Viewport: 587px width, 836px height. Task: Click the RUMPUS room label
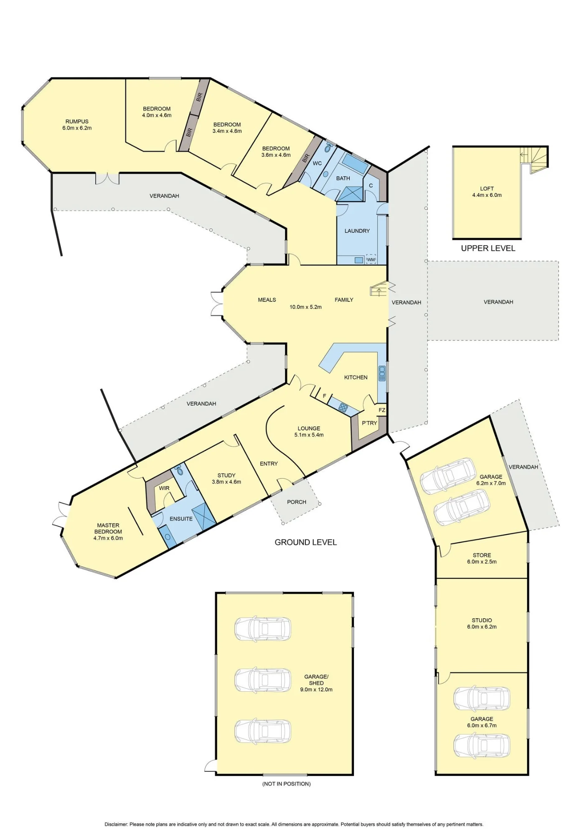[x=77, y=122]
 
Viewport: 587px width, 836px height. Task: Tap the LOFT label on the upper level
[x=487, y=189]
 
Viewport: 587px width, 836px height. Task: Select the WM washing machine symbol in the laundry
[x=371, y=260]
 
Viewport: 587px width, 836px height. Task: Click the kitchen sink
[x=381, y=373]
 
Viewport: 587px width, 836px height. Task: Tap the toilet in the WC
[x=329, y=148]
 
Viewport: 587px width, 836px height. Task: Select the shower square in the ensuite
[x=204, y=517]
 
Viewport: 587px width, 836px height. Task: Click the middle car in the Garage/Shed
[x=263, y=680]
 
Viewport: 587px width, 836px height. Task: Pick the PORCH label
[x=297, y=502]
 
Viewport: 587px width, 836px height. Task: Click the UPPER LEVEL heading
[x=488, y=248]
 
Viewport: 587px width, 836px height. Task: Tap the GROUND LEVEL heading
[x=305, y=542]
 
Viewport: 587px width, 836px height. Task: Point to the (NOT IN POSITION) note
[x=287, y=784]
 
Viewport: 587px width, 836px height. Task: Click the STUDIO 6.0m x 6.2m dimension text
[x=482, y=627]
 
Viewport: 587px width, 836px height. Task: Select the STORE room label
[x=482, y=555]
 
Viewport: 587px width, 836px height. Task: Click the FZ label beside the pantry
[x=382, y=410]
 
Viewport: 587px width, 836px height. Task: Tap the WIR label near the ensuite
[x=164, y=488]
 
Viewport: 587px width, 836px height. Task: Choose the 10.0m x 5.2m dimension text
[x=306, y=307]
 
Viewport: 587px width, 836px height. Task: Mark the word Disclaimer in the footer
[x=116, y=824]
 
